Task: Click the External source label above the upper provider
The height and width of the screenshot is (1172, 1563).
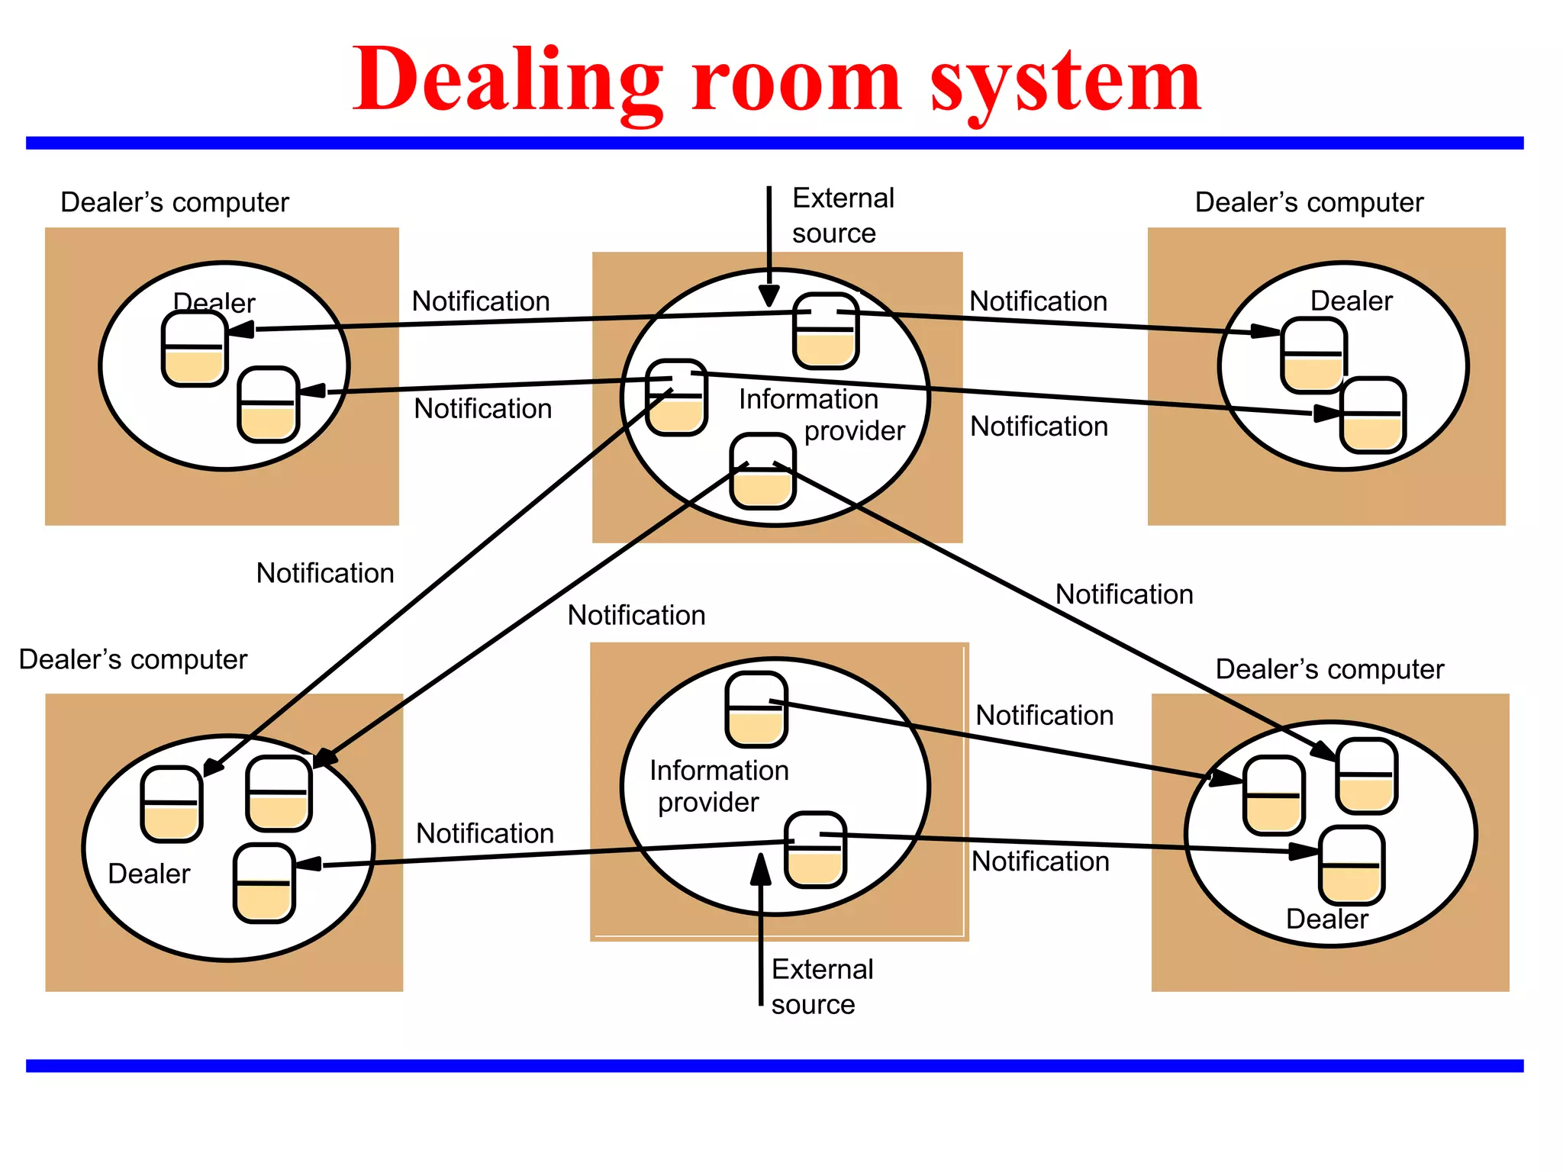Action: pyautogui.click(x=843, y=215)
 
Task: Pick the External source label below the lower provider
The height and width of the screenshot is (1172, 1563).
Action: pyautogui.click(x=822, y=987)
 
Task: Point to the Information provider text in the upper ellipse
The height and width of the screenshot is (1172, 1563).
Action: pyautogui.click(x=821, y=414)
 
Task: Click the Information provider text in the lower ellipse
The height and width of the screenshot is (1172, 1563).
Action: pyautogui.click(x=718, y=786)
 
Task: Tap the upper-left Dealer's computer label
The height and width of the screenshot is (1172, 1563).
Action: pyautogui.click(x=175, y=202)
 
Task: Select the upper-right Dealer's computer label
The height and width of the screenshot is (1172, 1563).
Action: pyautogui.click(x=1309, y=202)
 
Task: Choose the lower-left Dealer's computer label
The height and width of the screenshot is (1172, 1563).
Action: pyautogui.click(x=133, y=659)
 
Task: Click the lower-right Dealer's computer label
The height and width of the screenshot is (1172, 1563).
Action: pyautogui.click(x=1329, y=669)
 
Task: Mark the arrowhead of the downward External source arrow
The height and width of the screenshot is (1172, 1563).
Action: pyautogui.click(x=769, y=296)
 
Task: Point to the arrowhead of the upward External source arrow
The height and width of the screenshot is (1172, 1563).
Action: pyautogui.click(x=761, y=868)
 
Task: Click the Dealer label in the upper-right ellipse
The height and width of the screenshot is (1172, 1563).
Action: pyautogui.click(x=1351, y=301)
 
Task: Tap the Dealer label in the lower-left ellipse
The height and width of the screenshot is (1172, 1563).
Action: pyautogui.click(x=149, y=874)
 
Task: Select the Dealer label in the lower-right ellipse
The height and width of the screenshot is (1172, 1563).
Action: pyautogui.click(x=1327, y=919)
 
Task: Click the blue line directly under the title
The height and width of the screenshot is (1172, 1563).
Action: pyautogui.click(x=775, y=143)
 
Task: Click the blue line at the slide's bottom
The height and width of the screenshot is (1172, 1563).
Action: pyautogui.click(x=775, y=1065)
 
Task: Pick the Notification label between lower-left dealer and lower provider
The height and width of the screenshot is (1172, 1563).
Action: pyautogui.click(x=485, y=833)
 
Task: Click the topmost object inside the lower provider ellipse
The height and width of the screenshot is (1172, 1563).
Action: pyautogui.click(x=756, y=710)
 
